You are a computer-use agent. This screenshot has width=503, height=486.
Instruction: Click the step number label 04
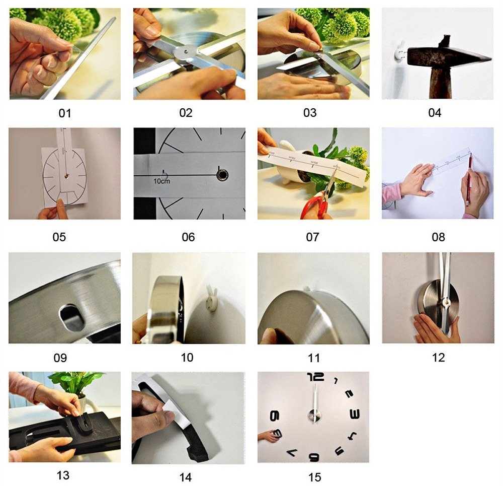coord(435,113)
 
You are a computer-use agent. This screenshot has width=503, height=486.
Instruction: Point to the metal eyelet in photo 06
coord(222,175)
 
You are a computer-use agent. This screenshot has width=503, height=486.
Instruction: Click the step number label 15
coord(314,476)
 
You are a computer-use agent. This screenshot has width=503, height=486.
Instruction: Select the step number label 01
coord(65,113)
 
